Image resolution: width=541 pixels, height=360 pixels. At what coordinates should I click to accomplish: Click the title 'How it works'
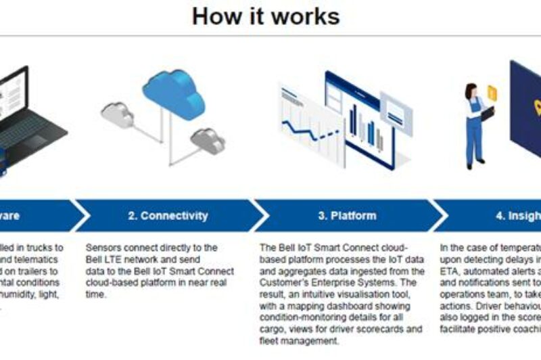(266, 16)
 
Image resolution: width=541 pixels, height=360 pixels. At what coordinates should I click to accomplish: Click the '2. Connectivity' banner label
(167, 216)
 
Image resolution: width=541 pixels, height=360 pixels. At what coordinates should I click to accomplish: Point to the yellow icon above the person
(492, 93)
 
